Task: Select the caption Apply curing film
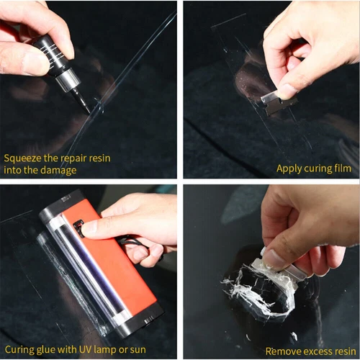click(313, 169)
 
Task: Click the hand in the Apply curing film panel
click(302, 50)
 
